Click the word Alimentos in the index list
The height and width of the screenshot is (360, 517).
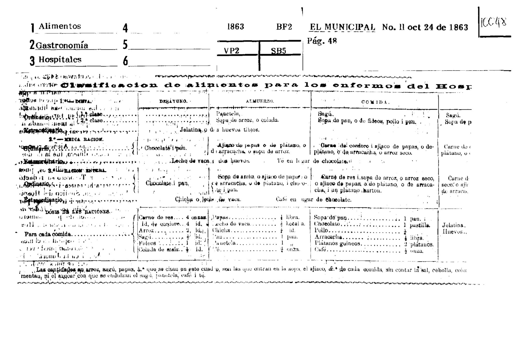(60, 26)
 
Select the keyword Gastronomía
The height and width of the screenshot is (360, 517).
(62, 46)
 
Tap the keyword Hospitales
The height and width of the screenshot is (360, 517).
(60, 59)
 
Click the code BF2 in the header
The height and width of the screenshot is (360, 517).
(284, 27)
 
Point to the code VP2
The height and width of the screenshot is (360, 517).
(231, 51)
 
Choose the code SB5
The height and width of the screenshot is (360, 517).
(278, 51)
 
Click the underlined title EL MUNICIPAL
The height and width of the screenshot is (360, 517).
(342, 27)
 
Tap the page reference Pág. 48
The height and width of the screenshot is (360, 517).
(322, 41)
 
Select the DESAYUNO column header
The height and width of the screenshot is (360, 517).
(173, 101)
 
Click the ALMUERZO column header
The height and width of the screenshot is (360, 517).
(260, 101)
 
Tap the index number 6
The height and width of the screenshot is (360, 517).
(125, 62)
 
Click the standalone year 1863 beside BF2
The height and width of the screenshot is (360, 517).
(235, 27)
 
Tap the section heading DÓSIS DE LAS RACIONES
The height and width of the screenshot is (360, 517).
(77, 212)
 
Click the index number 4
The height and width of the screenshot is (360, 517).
(125, 28)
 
